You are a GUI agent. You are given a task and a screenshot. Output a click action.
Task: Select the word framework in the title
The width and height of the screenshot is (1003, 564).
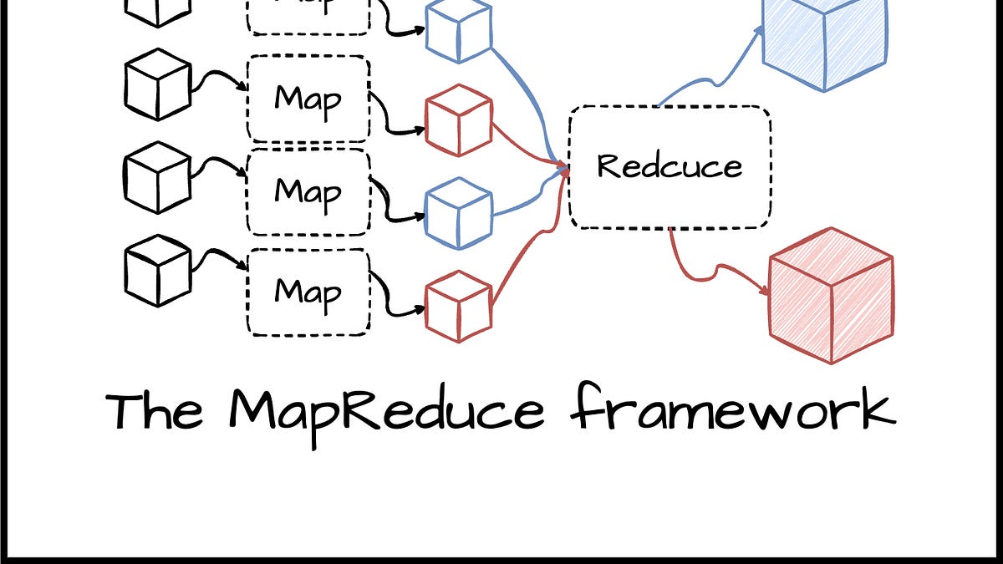click(733, 411)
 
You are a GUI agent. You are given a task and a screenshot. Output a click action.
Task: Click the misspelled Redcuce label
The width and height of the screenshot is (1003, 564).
click(670, 165)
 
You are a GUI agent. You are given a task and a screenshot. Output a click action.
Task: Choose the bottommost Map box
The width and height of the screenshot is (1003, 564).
click(308, 292)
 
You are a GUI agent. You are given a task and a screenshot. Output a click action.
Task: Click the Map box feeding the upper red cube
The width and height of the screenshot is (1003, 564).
click(308, 99)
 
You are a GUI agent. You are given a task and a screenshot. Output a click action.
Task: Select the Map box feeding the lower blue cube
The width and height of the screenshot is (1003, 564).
click(308, 191)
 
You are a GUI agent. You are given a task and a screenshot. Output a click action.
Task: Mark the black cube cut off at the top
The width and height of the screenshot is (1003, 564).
click(158, 10)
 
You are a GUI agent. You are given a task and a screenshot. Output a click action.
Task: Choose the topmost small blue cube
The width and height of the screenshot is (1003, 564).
click(458, 32)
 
